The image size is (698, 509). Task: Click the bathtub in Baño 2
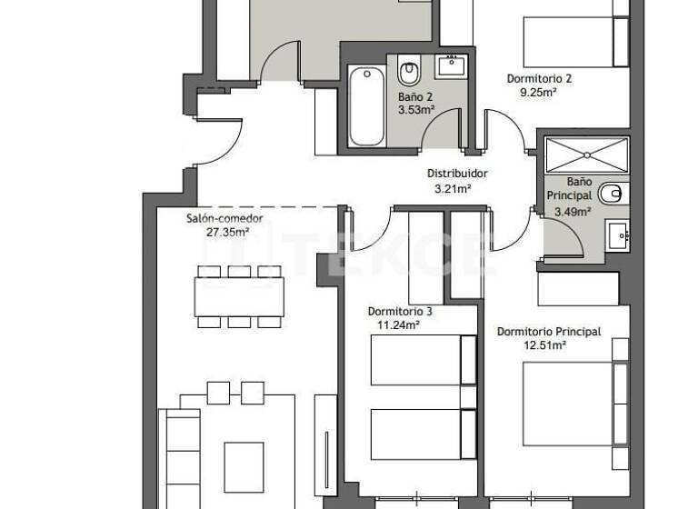(x=366, y=107)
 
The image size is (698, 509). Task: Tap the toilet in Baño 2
(x=408, y=70)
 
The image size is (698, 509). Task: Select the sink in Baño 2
(x=450, y=65)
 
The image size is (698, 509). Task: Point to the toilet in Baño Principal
(x=614, y=192)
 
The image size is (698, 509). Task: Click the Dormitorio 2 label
(x=539, y=78)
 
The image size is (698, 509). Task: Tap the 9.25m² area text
(x=538, y=92)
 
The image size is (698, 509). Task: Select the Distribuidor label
(x=458, y=174)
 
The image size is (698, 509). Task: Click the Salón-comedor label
(x=224, y=218)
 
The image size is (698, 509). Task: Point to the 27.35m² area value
(x=224, y=231)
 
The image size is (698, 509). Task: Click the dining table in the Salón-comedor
(x=239, y=296)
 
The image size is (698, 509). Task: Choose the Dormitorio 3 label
(x=400, y=311)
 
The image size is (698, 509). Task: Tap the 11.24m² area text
(x=397, y=324)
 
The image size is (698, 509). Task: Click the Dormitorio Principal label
(x=549, y=332)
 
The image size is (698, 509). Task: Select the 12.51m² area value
(x=544, y=345)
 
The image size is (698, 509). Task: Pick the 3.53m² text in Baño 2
(x=415, y=109)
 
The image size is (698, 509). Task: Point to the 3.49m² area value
(x=573, y=212)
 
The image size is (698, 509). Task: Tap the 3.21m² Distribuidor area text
(x=452, y=189)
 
